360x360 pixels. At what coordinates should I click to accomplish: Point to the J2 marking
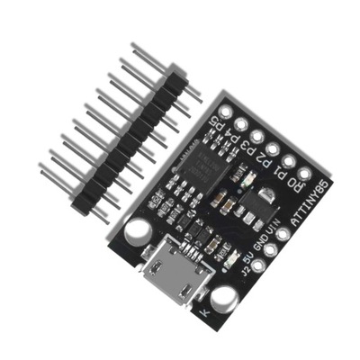click(239, 274)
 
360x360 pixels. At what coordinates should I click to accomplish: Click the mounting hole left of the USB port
click(136, 232)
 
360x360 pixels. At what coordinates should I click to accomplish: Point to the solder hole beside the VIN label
click(286, 233)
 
